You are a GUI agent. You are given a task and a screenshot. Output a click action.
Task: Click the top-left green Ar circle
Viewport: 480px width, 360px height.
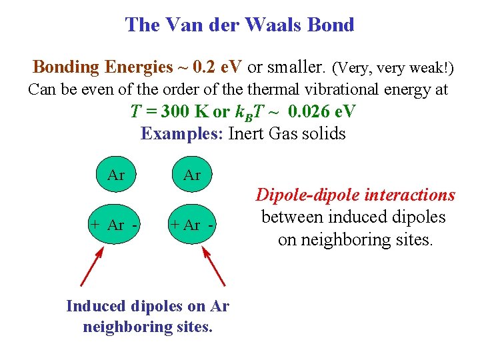point(115,175)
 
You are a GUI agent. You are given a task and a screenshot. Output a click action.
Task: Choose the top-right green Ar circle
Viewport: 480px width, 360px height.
point(191,175)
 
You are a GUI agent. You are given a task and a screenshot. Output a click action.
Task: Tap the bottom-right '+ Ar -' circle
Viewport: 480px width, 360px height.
point(192,225)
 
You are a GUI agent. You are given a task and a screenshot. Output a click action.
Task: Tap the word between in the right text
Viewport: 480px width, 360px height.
point(289,217)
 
